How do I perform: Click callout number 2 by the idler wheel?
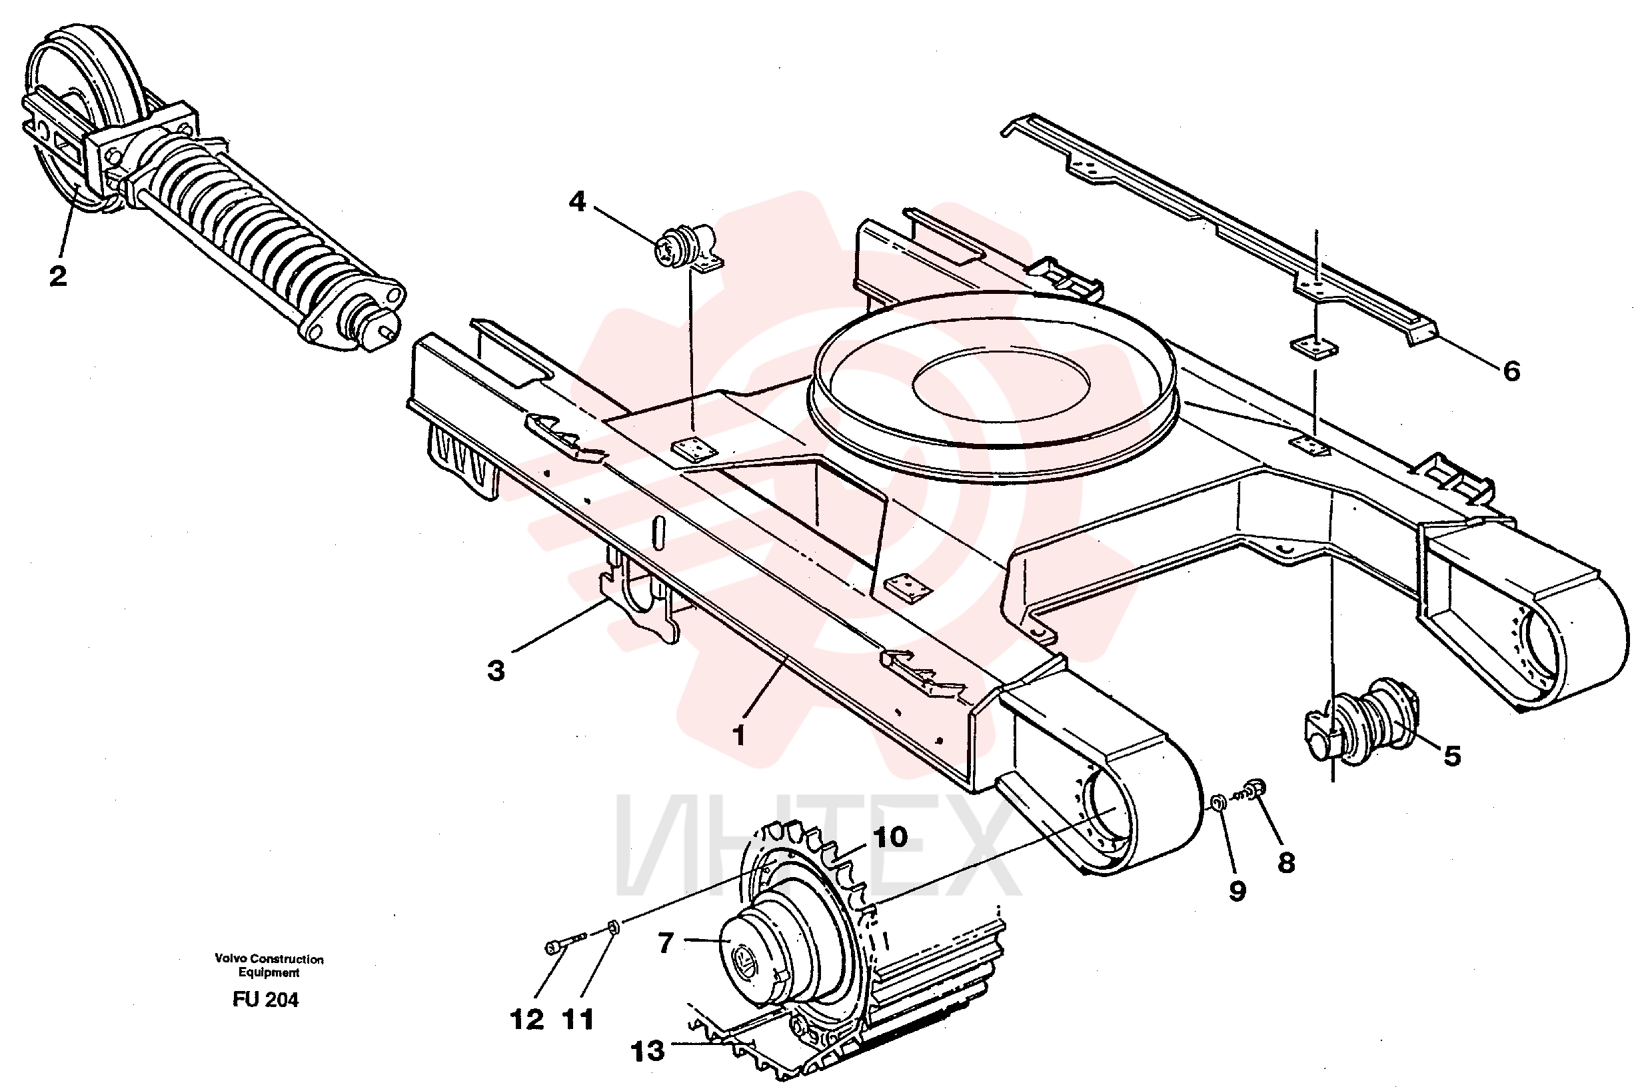pos(58,276)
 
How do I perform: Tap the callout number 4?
pos(576,202)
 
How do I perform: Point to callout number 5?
pos(1452,756)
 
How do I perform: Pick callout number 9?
pos(1238,891)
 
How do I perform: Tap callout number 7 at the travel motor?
pos(666,943)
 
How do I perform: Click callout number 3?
pos(496,670)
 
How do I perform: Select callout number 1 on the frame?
pos(740,735)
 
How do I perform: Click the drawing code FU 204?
pos(265,1000)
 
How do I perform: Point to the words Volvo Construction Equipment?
pos(269,966)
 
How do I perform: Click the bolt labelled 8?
pos(1251,790)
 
